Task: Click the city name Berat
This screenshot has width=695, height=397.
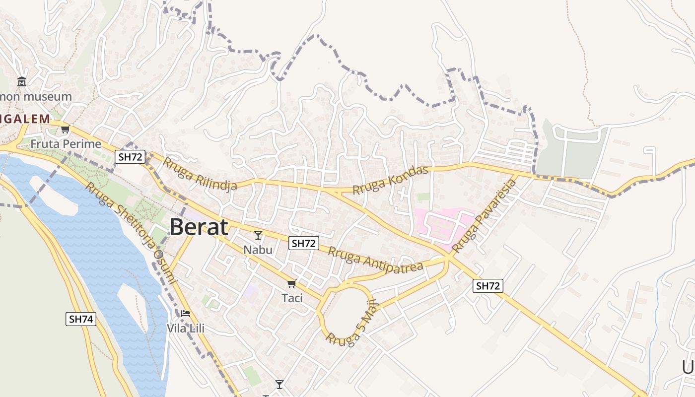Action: [x=199, y=227]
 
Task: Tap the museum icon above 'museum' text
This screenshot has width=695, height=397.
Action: [x=21, y=81]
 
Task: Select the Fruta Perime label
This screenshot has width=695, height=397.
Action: [x=66, y=144]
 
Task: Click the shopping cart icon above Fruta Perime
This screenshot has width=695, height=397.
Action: [x=65, y=130]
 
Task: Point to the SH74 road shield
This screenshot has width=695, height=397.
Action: [x=80, y=319]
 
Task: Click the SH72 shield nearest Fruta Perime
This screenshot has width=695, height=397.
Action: [x=130, y=157]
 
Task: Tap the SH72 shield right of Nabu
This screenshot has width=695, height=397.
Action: [x=304, y=243]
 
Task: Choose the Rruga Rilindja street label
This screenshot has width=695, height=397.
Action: [x=200, y=174]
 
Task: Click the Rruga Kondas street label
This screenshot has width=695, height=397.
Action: [x=390, y=180]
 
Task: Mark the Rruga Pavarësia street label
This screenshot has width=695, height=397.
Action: [x=485, y=216]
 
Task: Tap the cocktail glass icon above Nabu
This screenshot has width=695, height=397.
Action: [x=258, y=235]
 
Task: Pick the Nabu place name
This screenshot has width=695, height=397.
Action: [x=258, y=249]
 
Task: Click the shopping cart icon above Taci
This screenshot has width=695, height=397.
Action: [x=291, y=283]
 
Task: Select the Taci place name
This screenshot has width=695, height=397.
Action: [x=292, y=298]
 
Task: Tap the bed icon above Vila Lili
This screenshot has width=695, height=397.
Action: [x=186, y=313]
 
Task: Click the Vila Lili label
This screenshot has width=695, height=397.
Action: [x=186, y=328]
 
